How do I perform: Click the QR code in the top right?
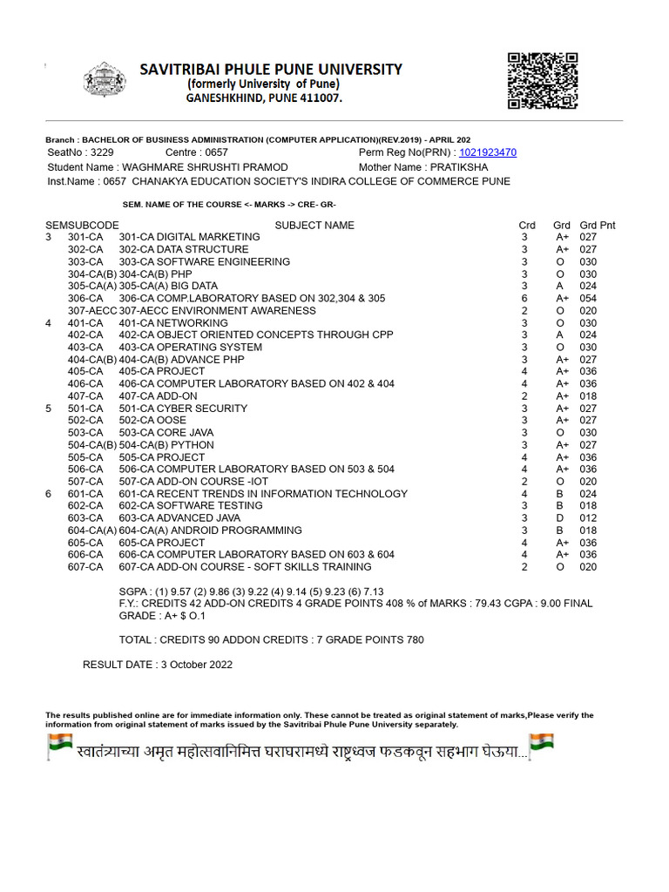tap(542, 81)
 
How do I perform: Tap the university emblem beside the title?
tap(105, 79)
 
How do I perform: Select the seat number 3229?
tap(102, 152)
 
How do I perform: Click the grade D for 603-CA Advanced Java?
tap(560, 518)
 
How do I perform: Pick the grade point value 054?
tap(589, 299)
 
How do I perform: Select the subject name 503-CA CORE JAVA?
tap(166, 433)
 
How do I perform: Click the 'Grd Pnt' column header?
tap(598, 226)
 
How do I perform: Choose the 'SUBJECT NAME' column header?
tap(314, 226)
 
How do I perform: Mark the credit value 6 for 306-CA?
tap(524, 299)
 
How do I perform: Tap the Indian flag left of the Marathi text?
tap(59, 746)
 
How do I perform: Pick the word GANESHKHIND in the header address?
tap(221, 99)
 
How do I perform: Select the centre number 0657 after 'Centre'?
tap(210, 152)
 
